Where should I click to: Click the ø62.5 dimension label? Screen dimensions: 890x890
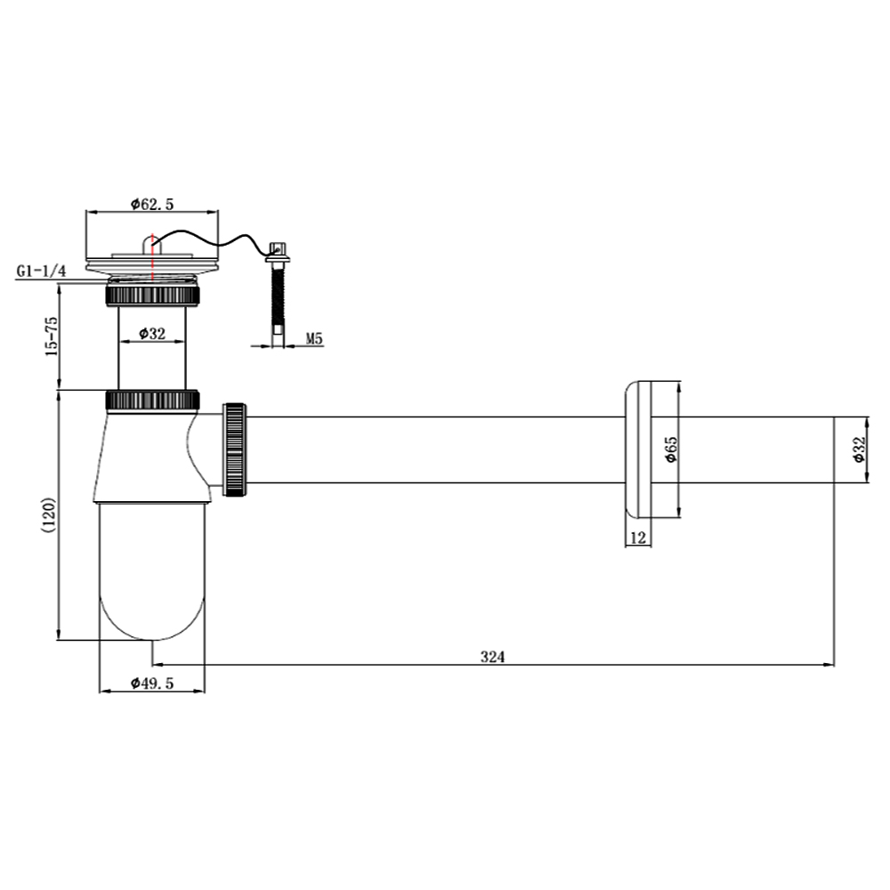[x=152, y=204]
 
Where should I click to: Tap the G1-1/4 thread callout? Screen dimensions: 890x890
[x=41, y=271]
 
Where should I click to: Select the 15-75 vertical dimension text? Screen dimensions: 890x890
[x=52, y=336]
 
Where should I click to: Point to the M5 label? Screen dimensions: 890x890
[x=314, y=339]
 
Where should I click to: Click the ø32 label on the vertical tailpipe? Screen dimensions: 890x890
[x=152, y=333]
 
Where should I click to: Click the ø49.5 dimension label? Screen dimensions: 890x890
[x=152, y=683]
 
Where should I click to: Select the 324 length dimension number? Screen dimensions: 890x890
[x=492, y=657]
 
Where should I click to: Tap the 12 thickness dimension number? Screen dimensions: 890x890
[x=638, y=538]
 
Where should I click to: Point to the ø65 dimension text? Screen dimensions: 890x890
[x=671, y=449]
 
